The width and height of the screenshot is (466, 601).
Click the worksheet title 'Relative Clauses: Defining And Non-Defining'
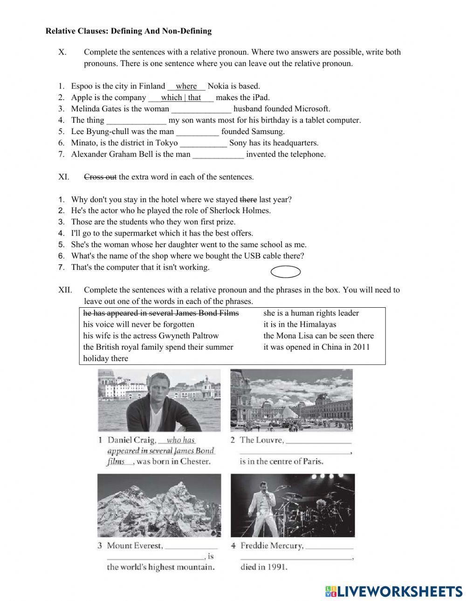(x=128, y=31)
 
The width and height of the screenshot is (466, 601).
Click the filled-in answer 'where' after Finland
(x=186, y=86)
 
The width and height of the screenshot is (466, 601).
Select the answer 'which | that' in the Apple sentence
(x=181, y=98)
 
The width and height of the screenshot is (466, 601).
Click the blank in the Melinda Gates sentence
(x=201, y=109)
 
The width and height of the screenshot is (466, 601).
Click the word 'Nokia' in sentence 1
(x=218, y=86)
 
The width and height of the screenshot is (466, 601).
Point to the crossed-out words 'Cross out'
(x=100, y=177)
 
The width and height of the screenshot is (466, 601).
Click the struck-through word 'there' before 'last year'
(x=248, y=200)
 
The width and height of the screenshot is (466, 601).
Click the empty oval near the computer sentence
(x=285, y=272)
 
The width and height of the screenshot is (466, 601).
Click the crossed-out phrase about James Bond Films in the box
(x=161, y=313)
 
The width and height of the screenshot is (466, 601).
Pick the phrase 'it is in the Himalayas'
(x=300, y=324)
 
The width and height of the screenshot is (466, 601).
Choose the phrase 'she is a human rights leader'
(x=311, y=313)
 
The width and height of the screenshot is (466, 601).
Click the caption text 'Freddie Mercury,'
(x=272, y=546)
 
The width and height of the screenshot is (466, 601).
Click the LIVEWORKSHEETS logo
(x=393, y=591)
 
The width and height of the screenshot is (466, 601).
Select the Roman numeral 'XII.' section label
(x=65, y=290)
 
